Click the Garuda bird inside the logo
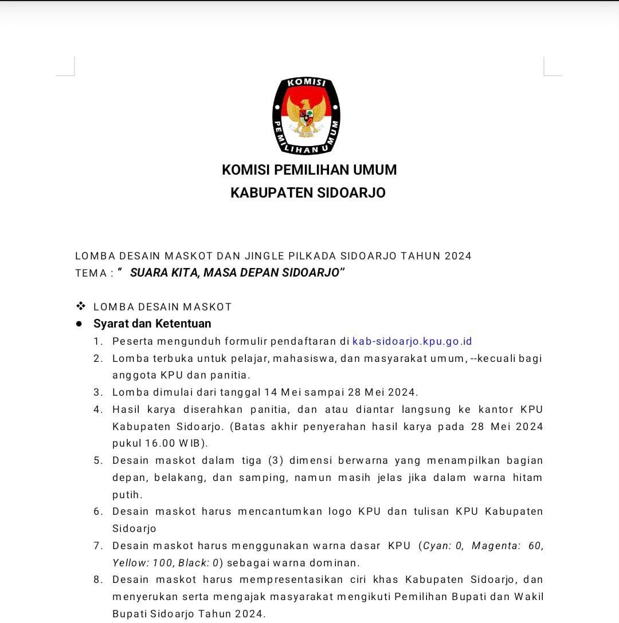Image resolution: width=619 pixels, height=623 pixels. point(306,114)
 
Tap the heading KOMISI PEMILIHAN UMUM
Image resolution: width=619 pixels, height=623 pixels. point(309,170)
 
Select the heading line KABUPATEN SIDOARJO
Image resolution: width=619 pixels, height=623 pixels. point(308,193)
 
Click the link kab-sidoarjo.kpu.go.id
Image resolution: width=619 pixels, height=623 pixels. point(412,341)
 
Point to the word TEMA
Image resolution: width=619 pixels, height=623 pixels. point(91,273)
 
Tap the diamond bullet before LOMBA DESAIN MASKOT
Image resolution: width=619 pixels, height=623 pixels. point(81,306)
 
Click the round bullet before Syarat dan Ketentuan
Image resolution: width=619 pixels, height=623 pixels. point(79,324)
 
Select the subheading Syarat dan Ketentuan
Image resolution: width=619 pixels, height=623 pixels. point(152,324)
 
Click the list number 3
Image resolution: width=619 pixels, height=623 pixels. point(98,392)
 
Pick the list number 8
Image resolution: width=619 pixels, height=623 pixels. point(98,579)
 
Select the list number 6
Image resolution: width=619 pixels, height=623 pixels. point(98,511)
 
